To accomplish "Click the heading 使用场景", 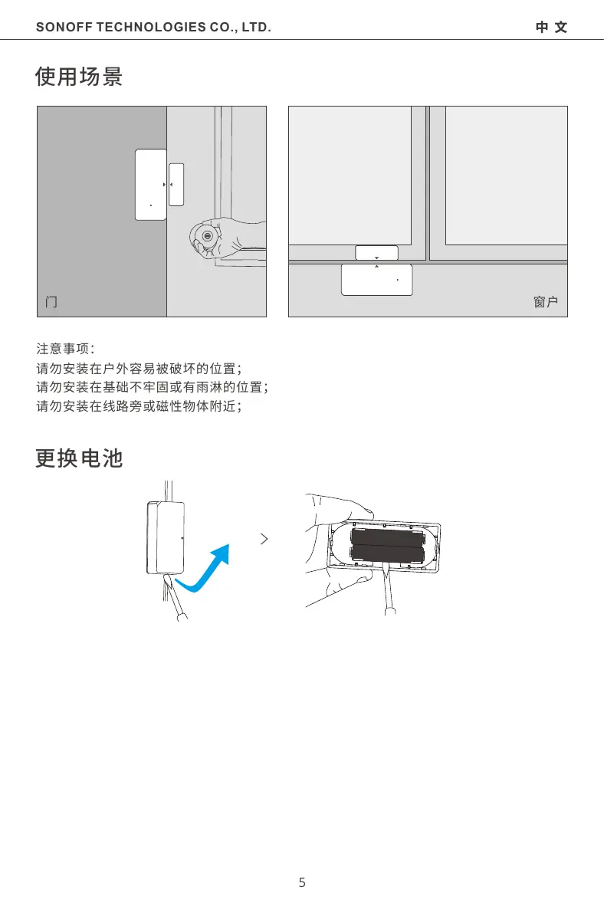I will point(79,77).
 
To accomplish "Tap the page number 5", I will point(302,882).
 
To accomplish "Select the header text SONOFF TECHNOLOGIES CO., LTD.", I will point(153,28).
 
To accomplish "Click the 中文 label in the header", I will point(552,28).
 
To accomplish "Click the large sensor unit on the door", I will point(151,184).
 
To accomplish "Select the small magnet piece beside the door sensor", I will point(176,184).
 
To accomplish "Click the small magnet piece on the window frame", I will point(377,253).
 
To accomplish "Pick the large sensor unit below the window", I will point(376,280).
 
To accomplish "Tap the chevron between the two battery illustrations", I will point(264,539).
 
